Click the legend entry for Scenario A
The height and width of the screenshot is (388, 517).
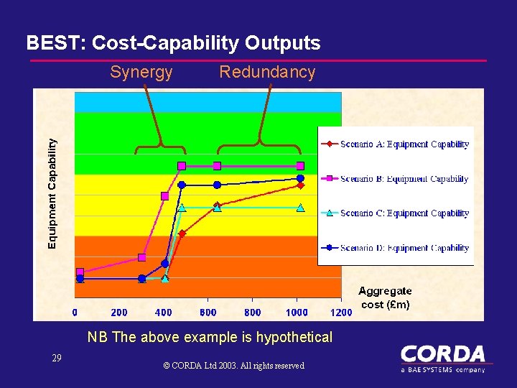point(396,144)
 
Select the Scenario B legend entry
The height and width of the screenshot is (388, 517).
point(396,179)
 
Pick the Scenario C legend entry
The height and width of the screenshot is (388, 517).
point(396,213)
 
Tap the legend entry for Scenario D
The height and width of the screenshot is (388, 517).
point(396,248)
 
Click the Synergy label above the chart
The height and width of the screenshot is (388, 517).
point(141,72)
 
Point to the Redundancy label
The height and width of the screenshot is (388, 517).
point(267,72)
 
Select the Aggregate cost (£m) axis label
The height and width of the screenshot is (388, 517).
point(385,297)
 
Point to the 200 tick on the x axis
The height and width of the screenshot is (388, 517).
point(119,313)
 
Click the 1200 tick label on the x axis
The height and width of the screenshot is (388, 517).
point(341,313)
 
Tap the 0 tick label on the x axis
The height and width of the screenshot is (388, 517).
point(75,313)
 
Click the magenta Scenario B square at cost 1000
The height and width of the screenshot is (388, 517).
point(300,166)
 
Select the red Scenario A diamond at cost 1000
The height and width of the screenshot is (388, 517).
point(300,185)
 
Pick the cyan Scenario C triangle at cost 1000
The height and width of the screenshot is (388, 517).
point(300,208)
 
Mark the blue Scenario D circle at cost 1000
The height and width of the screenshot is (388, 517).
point(300,177)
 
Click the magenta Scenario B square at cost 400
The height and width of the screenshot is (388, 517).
point(165,196)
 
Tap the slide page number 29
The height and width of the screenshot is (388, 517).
point(57,358)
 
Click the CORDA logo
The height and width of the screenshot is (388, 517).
point(442,357)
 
